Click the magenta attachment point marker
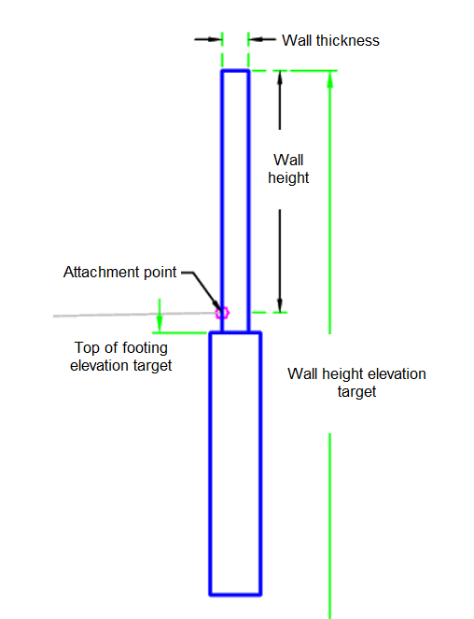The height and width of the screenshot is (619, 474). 222,313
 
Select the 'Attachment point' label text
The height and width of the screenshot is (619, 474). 120,273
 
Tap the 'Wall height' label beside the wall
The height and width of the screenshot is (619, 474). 288,169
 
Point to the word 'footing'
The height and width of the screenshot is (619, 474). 145,348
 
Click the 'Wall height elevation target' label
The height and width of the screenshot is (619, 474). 356,383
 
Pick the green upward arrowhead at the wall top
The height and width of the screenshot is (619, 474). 330,79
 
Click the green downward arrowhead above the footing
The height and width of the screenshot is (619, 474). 160,324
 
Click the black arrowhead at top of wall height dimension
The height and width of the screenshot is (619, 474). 280,77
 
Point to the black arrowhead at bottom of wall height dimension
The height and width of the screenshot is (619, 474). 280,305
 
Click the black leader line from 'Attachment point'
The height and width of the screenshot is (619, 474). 202,288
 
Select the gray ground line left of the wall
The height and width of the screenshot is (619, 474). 134,315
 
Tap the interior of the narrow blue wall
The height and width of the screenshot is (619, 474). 235,197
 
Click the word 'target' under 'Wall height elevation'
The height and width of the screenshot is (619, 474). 356,392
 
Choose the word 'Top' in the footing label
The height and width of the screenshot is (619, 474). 87,348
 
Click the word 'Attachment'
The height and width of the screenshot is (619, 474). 101,273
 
